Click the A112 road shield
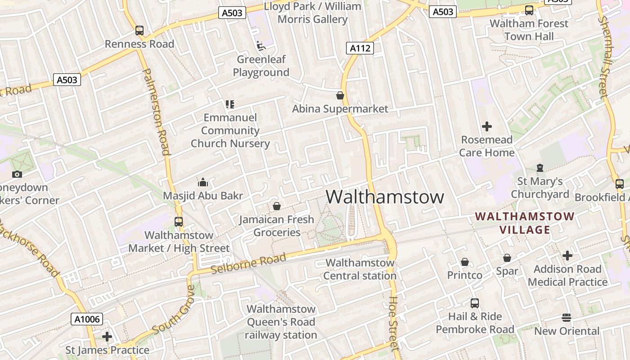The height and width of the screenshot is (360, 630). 360,48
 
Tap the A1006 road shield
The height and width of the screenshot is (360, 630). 87,319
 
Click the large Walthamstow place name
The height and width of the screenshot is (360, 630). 385,197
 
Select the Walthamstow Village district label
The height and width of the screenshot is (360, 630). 525,223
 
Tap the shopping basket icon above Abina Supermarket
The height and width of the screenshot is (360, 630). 340,95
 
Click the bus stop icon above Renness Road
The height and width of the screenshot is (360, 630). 139,31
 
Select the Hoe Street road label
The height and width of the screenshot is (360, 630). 394,323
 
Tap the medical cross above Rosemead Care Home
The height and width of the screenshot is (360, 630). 487,126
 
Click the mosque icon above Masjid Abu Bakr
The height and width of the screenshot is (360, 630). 203,182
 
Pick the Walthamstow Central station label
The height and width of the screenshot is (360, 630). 360,269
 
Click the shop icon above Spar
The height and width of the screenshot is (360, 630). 507,258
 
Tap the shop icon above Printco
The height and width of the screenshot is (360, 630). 465,262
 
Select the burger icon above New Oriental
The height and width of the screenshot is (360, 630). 567,318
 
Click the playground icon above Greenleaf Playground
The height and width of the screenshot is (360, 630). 261,46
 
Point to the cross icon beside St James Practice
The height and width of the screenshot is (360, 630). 107,337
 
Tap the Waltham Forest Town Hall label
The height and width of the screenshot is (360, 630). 529,30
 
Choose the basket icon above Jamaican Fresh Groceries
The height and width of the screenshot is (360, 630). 277,207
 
